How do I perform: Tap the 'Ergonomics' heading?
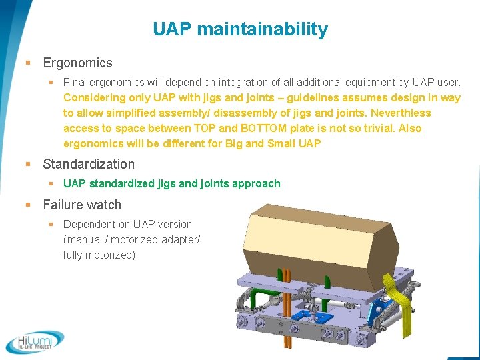pos(77,63)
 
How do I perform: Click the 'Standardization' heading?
pos(89,164)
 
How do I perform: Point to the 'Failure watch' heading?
pos(82,205)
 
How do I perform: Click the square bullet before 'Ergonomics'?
pos(28,63)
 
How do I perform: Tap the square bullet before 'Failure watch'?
pos(28,205)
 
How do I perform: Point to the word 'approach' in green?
pos(256,184)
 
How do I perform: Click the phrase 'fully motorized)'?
pos(99,255)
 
